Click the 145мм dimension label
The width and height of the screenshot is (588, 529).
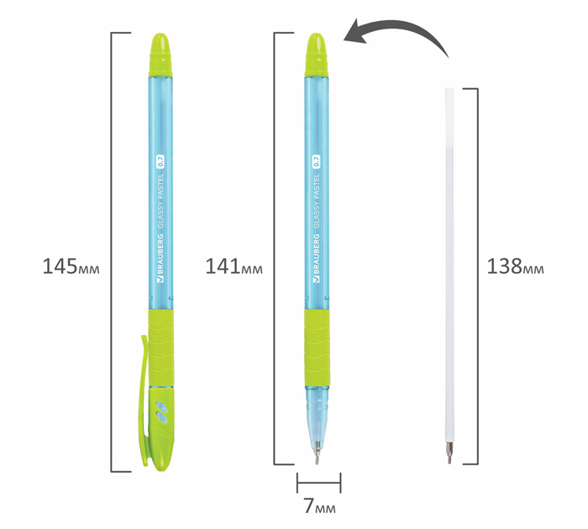71,266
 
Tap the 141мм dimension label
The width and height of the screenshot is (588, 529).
234,266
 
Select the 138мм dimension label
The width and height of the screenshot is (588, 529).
515,266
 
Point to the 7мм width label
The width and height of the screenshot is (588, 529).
319,505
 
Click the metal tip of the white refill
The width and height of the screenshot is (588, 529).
449,452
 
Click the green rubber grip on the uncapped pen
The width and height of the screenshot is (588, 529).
317,348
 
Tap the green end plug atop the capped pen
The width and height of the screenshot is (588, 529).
160,55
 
